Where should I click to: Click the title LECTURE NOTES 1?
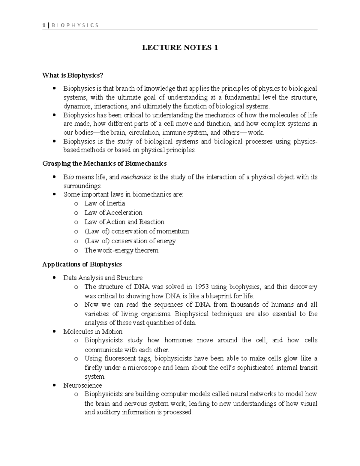[180, 48]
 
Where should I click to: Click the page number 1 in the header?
[44, 25]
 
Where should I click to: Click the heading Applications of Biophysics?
[82, 264]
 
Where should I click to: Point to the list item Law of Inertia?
[104, 203]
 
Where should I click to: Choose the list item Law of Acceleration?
[113, 213]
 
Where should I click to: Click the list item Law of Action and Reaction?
[124, 222]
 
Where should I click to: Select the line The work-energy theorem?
[121, 250]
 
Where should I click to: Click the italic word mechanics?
[136, 177]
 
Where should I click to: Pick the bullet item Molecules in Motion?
[93, 332]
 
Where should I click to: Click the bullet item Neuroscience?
[82, 385]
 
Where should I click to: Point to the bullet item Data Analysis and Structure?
[103, 278]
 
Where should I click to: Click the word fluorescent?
[121, 359]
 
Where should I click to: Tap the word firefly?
[93, 368]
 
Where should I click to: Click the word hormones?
[178, 340]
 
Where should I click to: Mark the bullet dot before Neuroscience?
[54, 385]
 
